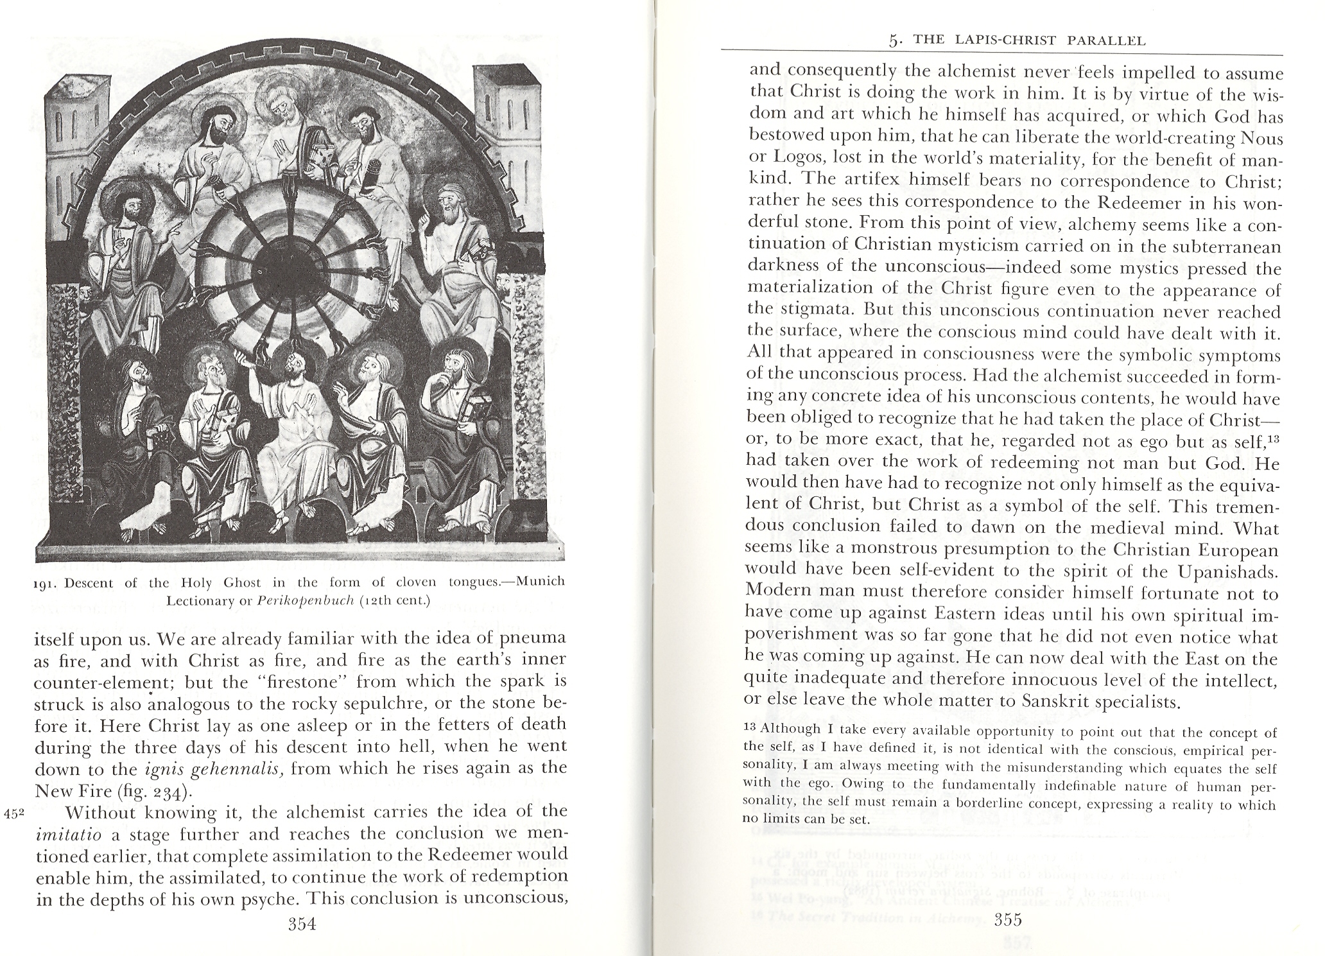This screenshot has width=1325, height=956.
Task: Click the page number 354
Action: [303, 924]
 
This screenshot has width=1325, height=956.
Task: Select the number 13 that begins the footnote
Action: [750, 729]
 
